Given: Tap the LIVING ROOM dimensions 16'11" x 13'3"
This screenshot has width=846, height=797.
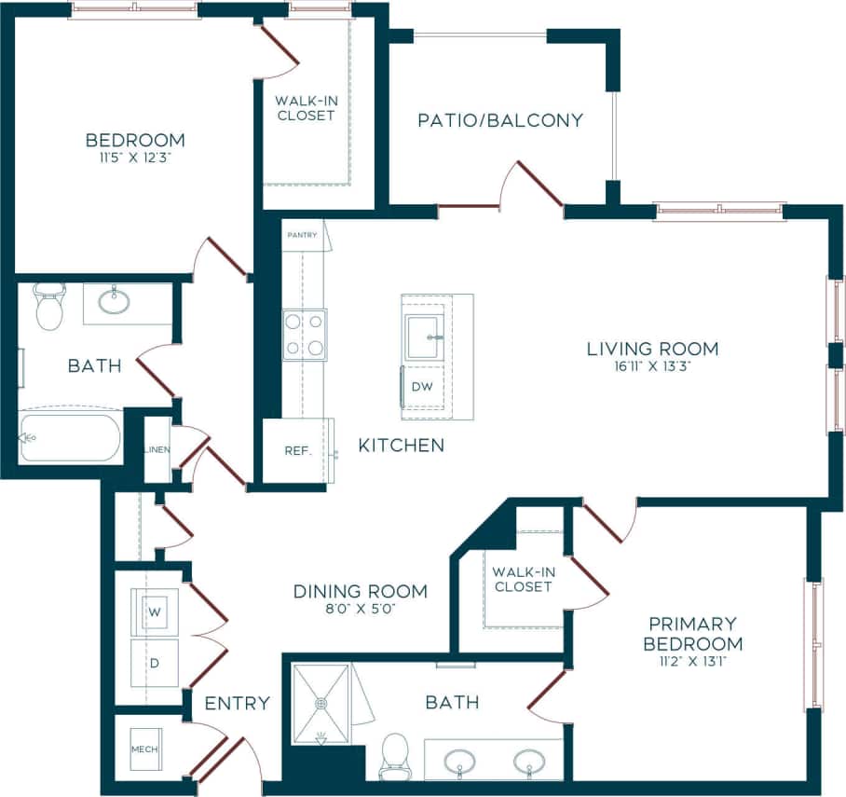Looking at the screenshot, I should (x=652, y=366).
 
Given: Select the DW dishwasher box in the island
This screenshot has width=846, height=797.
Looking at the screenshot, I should (x=421, y=386).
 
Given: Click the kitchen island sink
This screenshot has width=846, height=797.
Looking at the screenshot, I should (x=424, y=337).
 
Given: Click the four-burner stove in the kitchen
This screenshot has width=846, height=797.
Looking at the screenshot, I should (x=305, y=335).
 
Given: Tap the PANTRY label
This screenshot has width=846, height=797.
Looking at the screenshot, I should (x=302, y=235).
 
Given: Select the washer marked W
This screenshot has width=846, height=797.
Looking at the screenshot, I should (x=155, y=612).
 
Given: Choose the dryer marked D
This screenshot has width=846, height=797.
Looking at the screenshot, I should (x=155, y=665).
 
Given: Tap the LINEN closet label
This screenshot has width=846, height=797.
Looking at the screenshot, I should (x=157, y=450).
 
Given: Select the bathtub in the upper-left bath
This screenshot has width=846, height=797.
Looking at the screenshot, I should (x=70, y=437).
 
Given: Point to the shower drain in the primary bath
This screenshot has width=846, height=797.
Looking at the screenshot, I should (x=321, y=703).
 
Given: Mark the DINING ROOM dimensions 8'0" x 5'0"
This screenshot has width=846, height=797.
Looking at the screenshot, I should (x=360, y=609).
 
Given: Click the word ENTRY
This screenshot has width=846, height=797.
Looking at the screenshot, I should (x=238, y=703).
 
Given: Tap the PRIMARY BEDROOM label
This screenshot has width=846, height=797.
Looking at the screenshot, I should (x=695, y=633).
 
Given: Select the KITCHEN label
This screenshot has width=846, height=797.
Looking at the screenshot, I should (x=402, y=446).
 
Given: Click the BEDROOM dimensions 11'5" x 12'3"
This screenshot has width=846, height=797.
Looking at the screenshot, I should (x=135, y=158).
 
